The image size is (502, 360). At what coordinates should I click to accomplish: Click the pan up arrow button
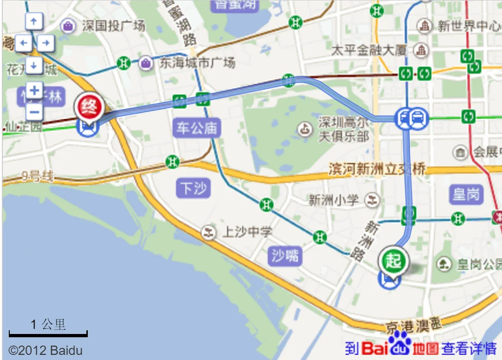34,21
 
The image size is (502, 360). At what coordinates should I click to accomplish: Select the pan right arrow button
45,44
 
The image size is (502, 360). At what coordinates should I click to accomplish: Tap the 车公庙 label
196,128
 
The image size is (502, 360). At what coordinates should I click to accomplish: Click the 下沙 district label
194,188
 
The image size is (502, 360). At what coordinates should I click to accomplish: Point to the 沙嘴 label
285,255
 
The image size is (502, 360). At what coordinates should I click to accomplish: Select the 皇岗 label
466,194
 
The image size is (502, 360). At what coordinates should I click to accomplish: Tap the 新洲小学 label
334,200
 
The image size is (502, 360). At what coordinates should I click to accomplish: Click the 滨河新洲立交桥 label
377,169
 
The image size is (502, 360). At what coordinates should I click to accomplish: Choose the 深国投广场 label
113,26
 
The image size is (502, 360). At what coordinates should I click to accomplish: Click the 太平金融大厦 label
369,50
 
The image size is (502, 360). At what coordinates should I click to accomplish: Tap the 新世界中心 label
467,26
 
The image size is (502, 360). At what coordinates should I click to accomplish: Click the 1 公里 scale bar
48,333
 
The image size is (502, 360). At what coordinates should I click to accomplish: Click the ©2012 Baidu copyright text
46,350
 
